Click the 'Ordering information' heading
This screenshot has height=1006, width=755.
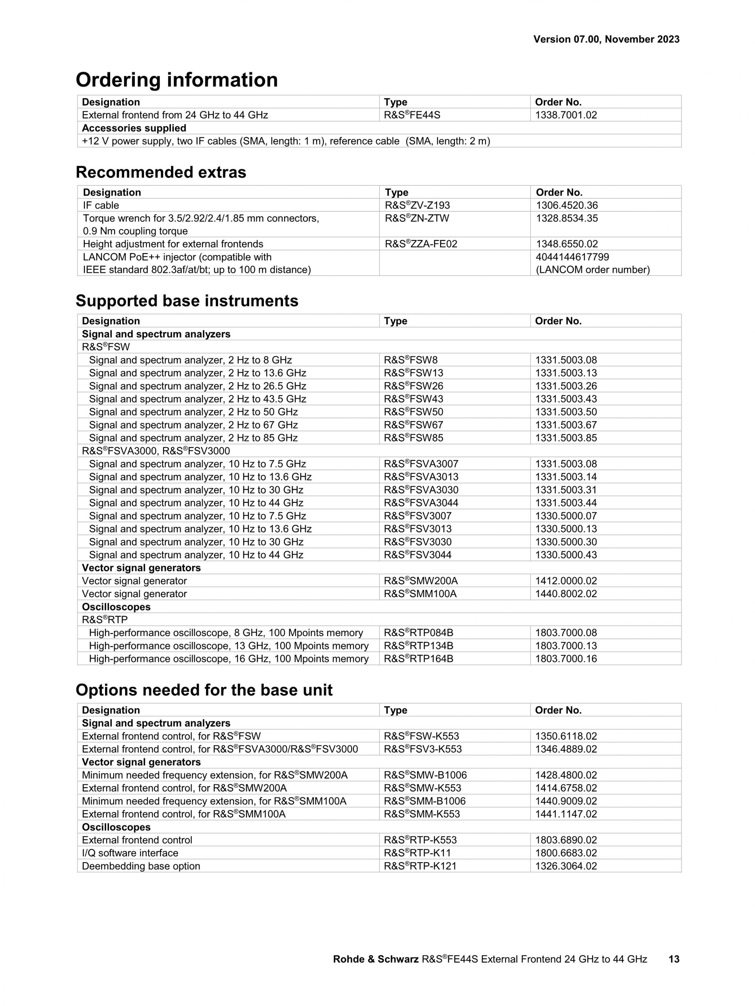(177, 80)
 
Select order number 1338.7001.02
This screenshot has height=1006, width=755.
(566, 115)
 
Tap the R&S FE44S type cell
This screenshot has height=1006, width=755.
(412, 115)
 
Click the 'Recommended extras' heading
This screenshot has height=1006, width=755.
(160, 172)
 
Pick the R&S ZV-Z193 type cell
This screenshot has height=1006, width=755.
(417, 206)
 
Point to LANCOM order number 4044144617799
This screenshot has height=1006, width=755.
(572, 257)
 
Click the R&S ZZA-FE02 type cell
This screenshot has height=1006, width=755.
(421, 244)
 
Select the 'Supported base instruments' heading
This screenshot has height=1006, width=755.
(187, 301)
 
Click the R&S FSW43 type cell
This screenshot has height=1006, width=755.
(413, 399)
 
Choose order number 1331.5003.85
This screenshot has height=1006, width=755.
(566, 438)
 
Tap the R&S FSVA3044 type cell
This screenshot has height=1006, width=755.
(421, 503)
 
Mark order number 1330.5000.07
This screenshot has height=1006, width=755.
(566, 516)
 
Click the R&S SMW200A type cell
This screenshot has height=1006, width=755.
(421, 581)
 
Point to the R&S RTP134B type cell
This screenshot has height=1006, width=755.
(418, 646)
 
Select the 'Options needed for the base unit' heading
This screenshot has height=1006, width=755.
(204, 690)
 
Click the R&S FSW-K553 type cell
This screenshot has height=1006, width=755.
(421, 736)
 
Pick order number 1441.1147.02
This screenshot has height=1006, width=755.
(566, 814)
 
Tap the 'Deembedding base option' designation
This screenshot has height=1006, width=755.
(141, 866)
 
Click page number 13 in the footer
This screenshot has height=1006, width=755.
(674, 959)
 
